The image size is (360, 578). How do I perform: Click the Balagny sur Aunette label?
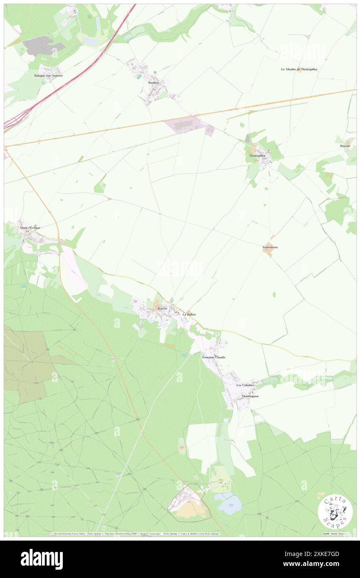(x=49, y=75)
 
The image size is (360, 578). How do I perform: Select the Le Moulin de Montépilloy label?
(x=299, y=69)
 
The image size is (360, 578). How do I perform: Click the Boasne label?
(x=345, y=146)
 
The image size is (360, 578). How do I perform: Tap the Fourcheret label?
(x=270, y=247)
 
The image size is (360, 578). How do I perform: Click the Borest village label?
(x=162, y=309)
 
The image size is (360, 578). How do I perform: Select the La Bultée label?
(x=189, y=314)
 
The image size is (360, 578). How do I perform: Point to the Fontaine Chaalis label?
(x=214, y=357)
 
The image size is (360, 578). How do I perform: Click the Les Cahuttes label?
(x=245, y=385)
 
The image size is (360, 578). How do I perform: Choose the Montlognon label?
(x=250, y=396)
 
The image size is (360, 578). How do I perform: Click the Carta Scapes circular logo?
(x=335, y=512)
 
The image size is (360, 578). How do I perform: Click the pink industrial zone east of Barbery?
(x=185, y=125)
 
